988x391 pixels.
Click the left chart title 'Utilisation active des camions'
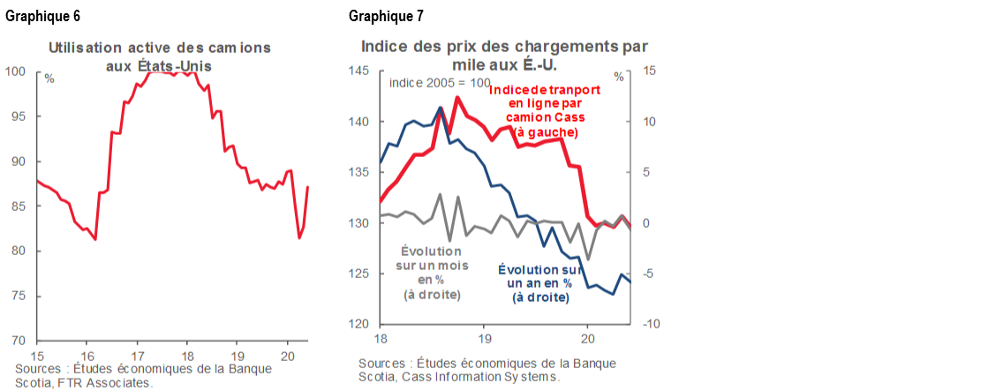coord(159,47)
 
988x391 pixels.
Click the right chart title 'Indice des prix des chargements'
coord(504,47)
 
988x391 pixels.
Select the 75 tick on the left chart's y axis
coord(20,297)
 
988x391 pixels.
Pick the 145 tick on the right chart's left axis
coord(362,71)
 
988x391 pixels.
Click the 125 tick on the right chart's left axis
coord(362,274)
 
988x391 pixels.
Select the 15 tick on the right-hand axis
coord(646,71)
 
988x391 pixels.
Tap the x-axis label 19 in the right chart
coord(485,337)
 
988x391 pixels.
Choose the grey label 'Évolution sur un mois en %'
coord(433,272)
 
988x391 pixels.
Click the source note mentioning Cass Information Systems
coord(486,370)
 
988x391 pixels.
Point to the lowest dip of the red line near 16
coord(95,239)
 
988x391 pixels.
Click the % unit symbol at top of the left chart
coord(49,79)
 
